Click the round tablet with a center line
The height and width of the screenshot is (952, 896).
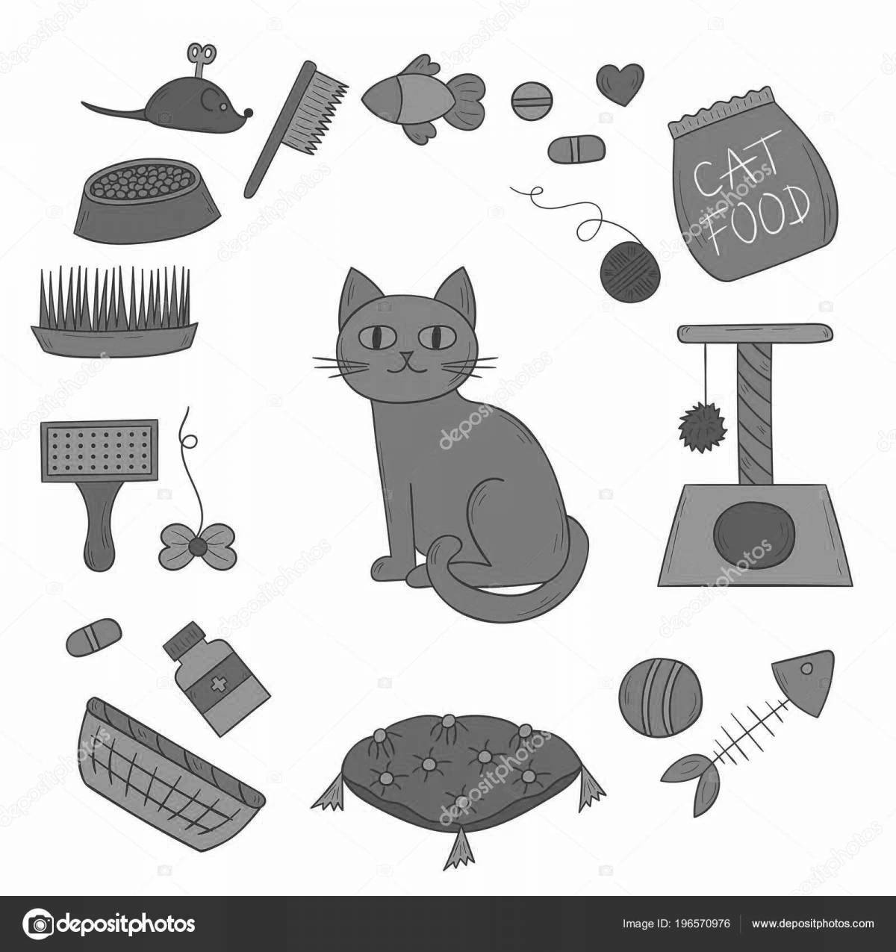534,99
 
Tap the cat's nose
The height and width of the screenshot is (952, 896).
406,358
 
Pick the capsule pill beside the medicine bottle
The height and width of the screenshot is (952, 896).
93,636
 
